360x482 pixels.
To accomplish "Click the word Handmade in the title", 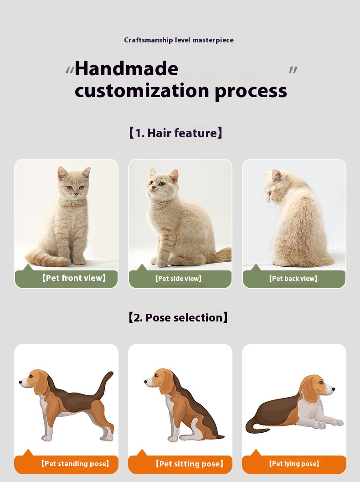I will coord(126,69).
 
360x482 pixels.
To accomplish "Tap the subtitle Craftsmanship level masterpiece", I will coord(179,40).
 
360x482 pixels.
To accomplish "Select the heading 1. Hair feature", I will coord(175,133).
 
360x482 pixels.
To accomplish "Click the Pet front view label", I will coord(74,278).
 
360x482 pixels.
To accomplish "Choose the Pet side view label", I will coord(178,279).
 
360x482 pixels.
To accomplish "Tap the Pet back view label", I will coord(293,279).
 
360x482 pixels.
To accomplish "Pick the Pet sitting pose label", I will coord(189,464).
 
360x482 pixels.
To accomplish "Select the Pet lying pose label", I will coord(294,464).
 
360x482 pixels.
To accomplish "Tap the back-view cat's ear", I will coord(277,175).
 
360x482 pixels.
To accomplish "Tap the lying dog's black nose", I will coord(334,389).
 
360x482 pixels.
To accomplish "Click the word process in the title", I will coord(251,91).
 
